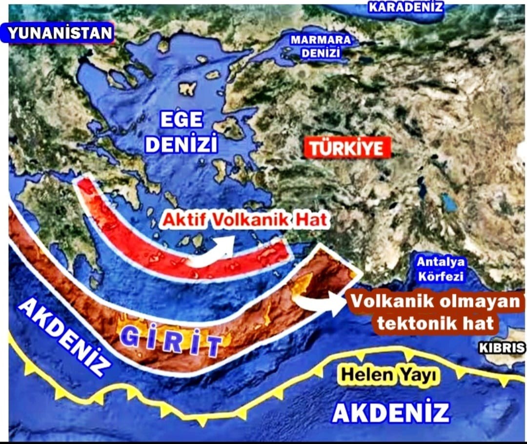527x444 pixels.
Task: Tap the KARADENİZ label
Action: [x=405, y=7]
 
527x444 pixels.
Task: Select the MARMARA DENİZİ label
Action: [x=321, y=46]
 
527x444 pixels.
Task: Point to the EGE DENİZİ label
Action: [x=182, y=132]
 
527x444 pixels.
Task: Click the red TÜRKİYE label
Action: [x=347, y=148]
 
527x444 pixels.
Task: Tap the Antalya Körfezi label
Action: [x=441, y=269]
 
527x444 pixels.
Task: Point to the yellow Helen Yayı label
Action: [x=389, y=375]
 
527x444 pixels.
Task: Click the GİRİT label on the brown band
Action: [x=169, y=341]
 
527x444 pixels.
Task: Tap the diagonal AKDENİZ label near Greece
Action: [x=63, y=337]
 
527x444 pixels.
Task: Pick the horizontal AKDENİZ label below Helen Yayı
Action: [x=390, y=412]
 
